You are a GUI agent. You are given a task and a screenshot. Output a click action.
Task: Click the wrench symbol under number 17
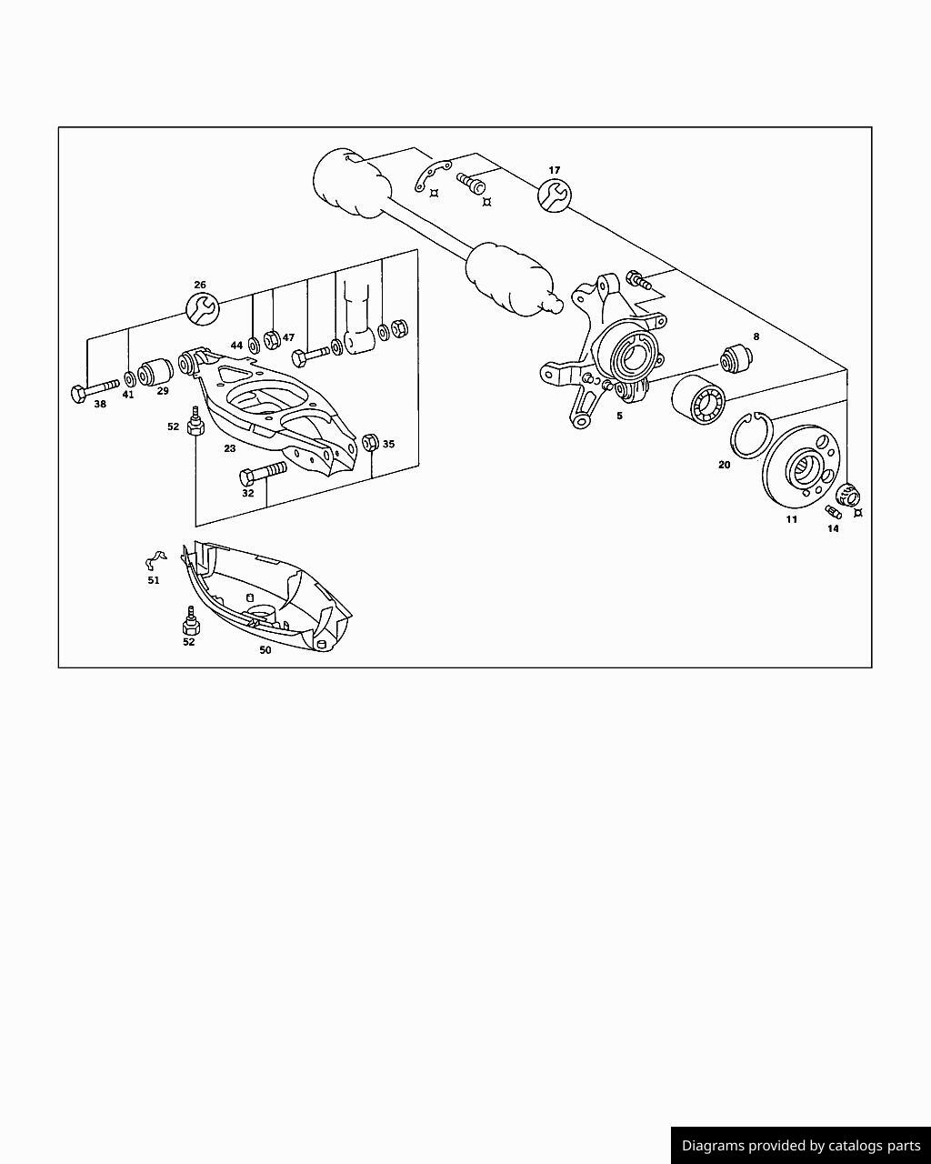coord(555,196)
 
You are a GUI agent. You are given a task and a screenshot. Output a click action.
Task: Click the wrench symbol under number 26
coord(203,309)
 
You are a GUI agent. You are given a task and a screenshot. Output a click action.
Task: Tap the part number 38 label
coord(100,404)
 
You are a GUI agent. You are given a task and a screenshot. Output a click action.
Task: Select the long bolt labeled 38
coord(95,390)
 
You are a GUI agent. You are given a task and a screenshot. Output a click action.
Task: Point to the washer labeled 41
coord(130,378)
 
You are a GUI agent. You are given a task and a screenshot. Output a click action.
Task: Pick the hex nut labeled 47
coord(272,340)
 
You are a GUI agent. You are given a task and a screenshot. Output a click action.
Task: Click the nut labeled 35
coord(370,442)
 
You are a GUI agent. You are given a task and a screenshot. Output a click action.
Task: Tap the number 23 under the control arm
coord(230,448)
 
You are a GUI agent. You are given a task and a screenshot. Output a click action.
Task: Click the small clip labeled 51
coord(155,560)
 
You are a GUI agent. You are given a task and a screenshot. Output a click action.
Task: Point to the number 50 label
coord(265,650)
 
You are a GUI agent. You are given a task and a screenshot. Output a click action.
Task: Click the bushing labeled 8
coord(736,358)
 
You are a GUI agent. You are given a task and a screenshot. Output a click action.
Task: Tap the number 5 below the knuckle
coord(619,416)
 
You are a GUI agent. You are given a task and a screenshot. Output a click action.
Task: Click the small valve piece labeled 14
coord(833,512)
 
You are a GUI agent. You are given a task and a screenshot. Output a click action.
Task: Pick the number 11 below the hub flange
coord(791,519)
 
